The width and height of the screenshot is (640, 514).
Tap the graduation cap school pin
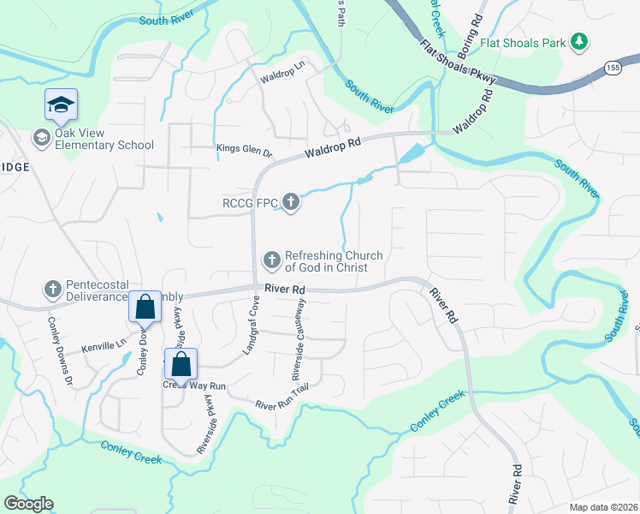(x=61, y=105)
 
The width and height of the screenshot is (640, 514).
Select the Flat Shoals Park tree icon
(x=580, y=40)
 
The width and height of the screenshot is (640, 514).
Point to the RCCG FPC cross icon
(x=292, y=203)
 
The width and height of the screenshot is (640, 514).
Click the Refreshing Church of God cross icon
(x=272, y=259)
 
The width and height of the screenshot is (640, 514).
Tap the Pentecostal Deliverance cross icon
(x=52, y=290)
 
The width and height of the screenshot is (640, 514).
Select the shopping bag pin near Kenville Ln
(x=145, y=307)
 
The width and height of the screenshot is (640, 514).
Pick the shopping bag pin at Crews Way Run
(x=181, y=364)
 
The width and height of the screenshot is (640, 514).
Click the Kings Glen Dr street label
(x=244, y=152)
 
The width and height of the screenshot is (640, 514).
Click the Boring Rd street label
(x=477, y=19)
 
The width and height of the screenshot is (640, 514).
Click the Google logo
(x=28, y=504)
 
